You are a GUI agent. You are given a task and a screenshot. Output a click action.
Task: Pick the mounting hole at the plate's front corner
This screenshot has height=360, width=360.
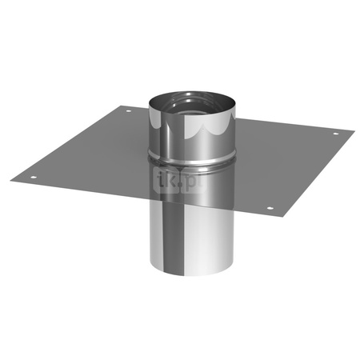(x=270, y=210)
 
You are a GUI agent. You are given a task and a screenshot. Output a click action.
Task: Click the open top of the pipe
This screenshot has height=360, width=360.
(x=193, y=107)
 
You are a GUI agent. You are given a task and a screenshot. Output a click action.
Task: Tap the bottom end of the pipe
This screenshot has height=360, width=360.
(x=193, y=268)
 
